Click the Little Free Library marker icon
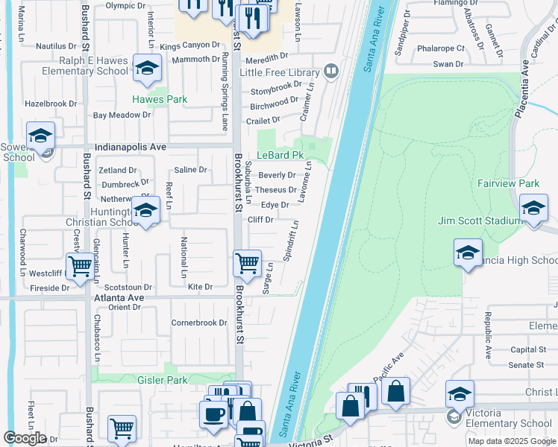pos(331,72)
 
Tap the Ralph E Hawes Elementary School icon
pos(147,69)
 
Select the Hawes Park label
pos(160,99)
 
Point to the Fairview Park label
pos(507,183)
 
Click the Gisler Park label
pos(162,380)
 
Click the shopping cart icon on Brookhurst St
pos(247,263)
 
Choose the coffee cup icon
pos(213,415)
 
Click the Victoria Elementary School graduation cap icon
pos(460,394)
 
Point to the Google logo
pos(25,438)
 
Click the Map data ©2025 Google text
pos(512,441)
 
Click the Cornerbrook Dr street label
pos(198,323)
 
